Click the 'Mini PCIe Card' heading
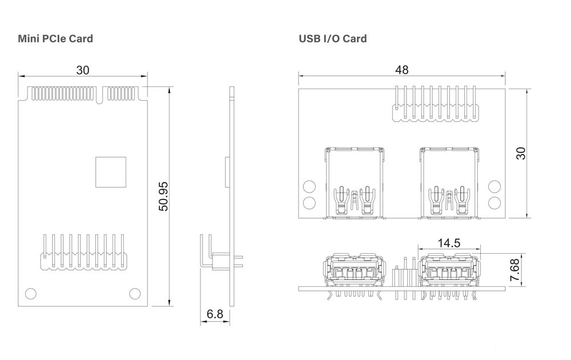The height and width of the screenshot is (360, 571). click(55, 39)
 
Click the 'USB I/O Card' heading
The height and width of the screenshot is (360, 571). click(332, 39)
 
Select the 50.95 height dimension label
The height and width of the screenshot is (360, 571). click(163, 197)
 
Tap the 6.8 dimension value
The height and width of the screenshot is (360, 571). click(215, 314)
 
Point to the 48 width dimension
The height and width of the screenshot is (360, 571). click(401, 70)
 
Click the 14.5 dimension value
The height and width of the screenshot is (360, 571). click(449, 243)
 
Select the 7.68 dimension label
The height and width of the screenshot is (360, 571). click(515, 270)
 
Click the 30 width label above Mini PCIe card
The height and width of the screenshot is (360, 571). click(83, 70)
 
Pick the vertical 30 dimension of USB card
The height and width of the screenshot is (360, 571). click(521, 153)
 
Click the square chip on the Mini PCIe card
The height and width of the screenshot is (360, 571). click(111, 171)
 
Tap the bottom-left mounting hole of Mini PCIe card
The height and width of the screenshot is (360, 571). click(30, 294)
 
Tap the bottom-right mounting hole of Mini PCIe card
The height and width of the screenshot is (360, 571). click(135, 294)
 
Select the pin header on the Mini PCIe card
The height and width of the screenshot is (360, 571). click(83, 252)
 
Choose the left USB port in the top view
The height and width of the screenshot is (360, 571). click(354, 183)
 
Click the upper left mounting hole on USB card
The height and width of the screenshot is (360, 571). click(309, 187)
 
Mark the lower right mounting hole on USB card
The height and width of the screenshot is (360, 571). click(494, 202)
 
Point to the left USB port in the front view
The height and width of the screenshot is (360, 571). click(354, 273)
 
